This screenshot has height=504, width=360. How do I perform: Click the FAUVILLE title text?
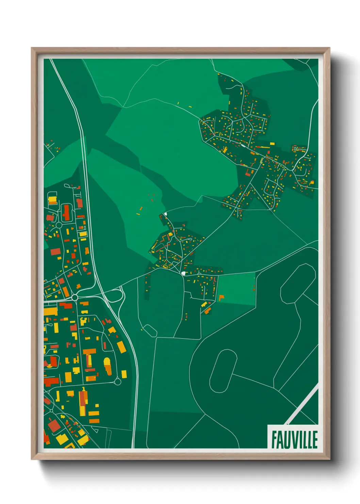pyautogui.click(x=294, y=439)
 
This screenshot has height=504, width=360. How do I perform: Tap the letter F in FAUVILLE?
pyautogui.click(x=274, y=439)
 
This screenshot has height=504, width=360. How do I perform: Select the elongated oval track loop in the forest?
pyautogui.click(x=223, y=371)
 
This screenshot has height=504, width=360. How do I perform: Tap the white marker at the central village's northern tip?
pyautogui.click(x=166, y=214)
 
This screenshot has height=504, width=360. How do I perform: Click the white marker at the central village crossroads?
pyautogui.click(x=183, y=273)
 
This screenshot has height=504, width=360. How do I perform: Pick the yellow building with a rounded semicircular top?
pyautogui.click(x=107, y=365)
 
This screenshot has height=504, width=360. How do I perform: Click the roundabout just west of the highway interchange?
pyautogui.click(x=75, y=298)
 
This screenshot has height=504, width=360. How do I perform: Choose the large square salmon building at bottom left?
pyautogui.click(x=54, y=426)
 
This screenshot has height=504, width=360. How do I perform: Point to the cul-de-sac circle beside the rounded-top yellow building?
pyautogui.click(x=117, y=382)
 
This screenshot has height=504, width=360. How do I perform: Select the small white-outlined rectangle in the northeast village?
pyautogui.click(x=295, y=148)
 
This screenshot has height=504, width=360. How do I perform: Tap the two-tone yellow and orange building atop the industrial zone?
pyautogui.click(x=52, y=200)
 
